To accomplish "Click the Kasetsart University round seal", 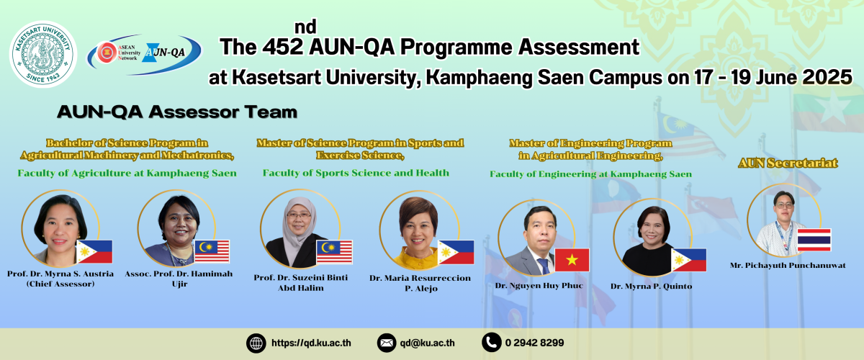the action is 43,54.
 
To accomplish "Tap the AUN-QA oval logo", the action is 144,54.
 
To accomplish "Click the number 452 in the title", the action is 282,47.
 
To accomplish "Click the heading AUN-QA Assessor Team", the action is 177,112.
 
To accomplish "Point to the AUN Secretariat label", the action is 788,163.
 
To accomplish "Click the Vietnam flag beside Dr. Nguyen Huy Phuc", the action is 572,260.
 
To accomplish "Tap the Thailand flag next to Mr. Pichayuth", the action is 814,240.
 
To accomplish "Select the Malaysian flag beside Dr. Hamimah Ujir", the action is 212,251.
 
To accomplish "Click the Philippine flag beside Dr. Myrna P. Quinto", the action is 689,260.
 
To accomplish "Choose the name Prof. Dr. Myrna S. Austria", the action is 60,274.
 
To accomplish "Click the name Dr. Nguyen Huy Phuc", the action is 539,286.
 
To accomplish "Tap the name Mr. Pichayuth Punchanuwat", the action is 788,266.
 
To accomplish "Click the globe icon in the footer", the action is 256,343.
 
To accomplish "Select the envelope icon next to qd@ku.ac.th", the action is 387,343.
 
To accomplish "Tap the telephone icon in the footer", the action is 491,342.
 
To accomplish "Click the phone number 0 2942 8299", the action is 534,343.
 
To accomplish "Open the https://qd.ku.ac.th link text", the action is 311,343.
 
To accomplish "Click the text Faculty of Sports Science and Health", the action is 356,173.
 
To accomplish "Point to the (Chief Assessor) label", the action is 60,284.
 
